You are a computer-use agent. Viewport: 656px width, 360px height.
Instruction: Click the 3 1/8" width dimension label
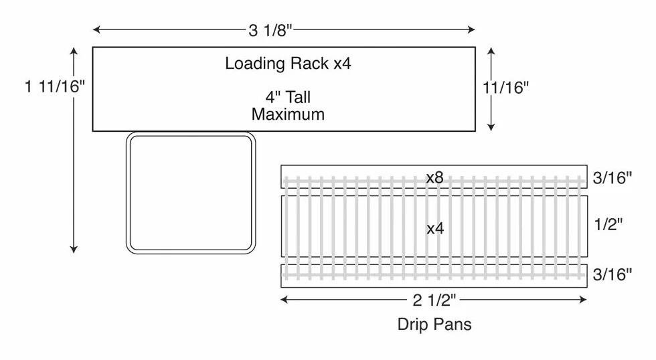[x=270, y=30]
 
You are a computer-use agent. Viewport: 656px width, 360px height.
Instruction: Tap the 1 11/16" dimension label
[x=54, y=86]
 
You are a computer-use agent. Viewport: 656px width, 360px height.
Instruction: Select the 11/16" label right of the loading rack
[x=506, y=88]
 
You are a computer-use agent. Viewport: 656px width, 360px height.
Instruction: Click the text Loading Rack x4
[x=288, y=64]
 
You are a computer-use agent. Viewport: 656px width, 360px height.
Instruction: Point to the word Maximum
[x=288, y=114]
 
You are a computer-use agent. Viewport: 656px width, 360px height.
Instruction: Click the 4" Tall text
[x=288, y=97]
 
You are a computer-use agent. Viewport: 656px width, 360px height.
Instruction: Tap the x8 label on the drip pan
[x=434, y=178]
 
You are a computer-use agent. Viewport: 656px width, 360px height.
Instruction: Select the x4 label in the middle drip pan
[x=435, y=228]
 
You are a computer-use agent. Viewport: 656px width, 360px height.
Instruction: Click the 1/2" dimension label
[x=608, y=225]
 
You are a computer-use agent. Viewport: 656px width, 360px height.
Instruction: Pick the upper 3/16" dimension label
[x=612, y=178]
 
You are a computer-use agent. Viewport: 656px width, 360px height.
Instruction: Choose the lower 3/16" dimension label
[x=612, y=274]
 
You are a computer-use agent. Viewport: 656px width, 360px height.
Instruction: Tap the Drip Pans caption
[x=434, y=325]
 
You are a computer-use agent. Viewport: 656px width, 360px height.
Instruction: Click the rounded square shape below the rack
[x=128, y=192]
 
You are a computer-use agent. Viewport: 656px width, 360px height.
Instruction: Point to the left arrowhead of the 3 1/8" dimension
[x=96, y=29]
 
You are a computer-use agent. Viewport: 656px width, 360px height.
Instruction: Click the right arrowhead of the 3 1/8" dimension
[x=471, y=29]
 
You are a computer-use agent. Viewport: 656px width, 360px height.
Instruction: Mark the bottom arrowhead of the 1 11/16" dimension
[x=74, y=250]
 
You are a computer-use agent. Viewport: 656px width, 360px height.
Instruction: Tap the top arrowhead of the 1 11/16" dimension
[x=74, y=51]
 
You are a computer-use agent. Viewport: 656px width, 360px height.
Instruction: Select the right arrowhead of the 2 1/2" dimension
[x=583, y=299]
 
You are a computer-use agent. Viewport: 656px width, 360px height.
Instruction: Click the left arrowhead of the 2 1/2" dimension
[x=284, y=299]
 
